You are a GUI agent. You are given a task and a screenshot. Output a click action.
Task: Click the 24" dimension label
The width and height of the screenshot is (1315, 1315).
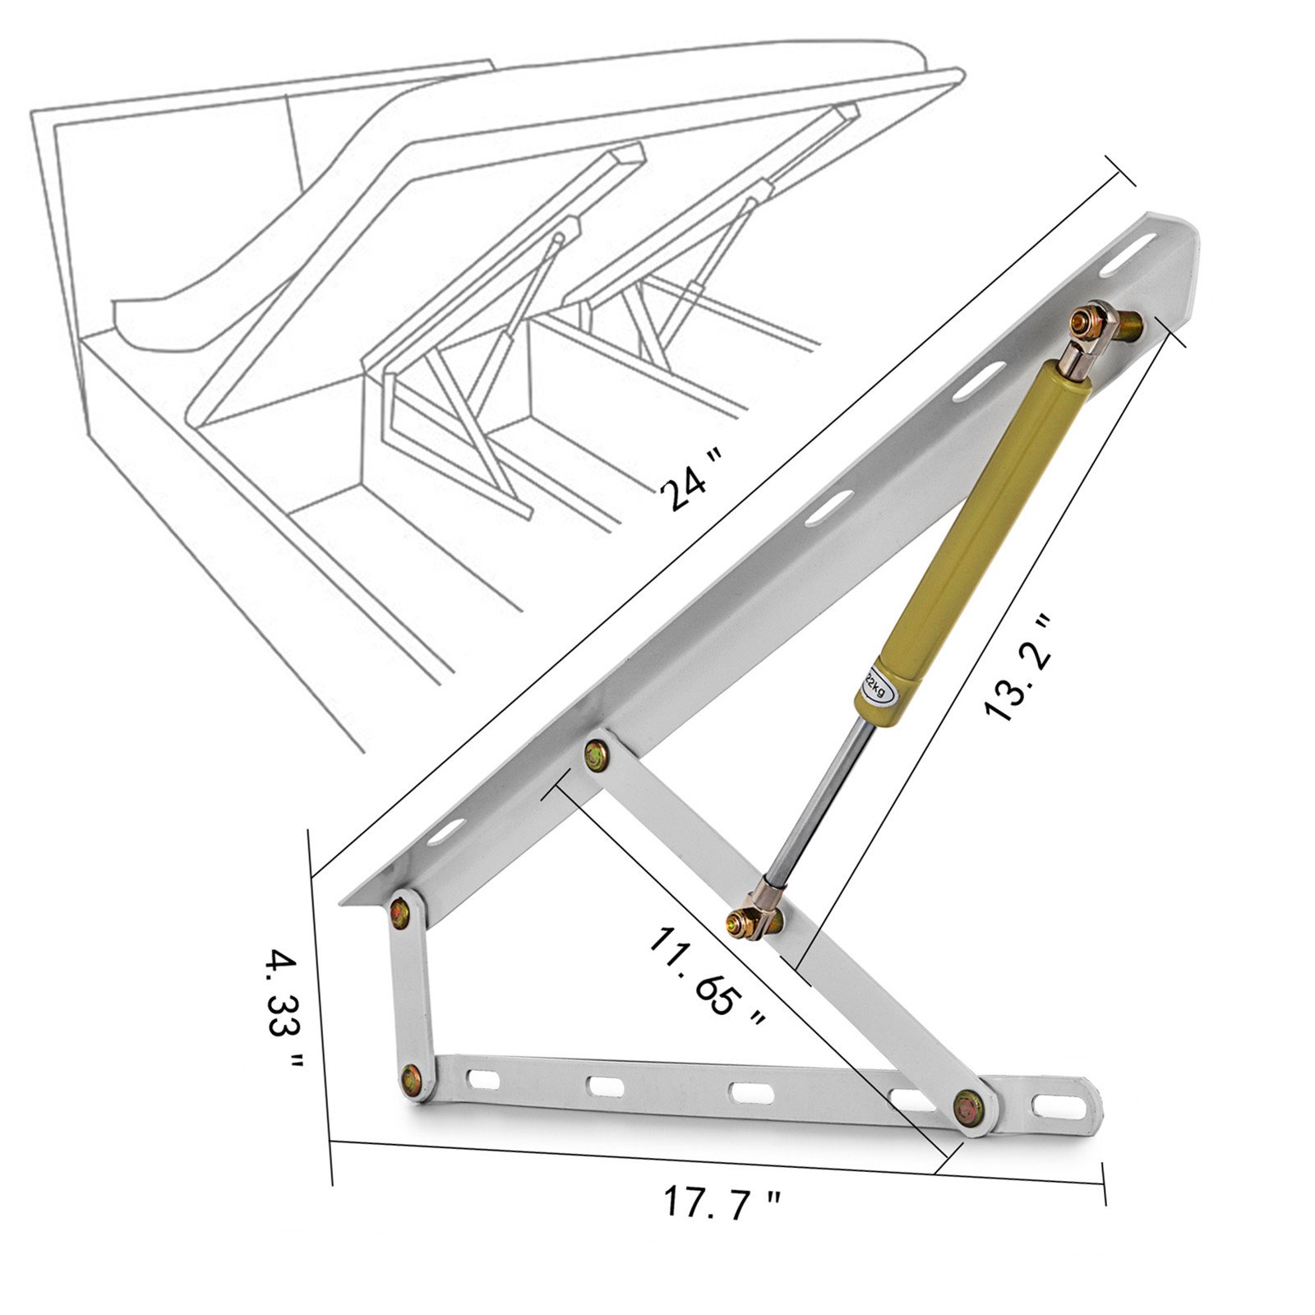click(684, 489)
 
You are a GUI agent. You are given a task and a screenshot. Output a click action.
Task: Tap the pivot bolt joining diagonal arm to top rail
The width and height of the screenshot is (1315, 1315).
click(598, 754)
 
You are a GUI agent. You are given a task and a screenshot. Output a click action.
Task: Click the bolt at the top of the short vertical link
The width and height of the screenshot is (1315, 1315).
click(401, 913)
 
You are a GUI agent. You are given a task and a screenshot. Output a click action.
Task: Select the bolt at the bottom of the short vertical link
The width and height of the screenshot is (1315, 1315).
click(411, 1078)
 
